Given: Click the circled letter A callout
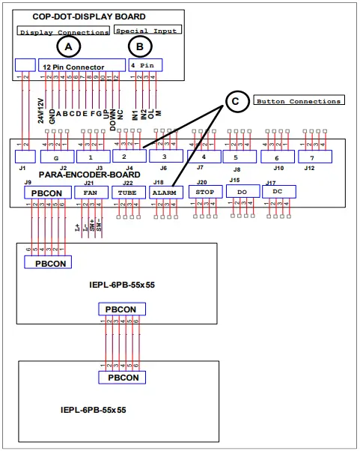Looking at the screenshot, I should coord(69,46).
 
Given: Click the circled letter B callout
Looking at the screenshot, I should coord(140,46).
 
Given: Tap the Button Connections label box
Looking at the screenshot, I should coord(298,100).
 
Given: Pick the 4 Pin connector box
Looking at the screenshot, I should coord(146,65).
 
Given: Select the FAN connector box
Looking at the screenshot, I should coord(91,192).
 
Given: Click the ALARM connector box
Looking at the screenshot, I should coord(165,192).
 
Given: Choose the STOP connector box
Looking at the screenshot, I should coord(204,192).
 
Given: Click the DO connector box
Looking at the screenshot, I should coord(242,192).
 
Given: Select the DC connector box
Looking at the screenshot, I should coord(279,192).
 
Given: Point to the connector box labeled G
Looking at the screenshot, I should coord(54,158).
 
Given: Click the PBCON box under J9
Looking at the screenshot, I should coord(48,193).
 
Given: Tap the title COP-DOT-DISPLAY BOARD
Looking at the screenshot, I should coord(89,16).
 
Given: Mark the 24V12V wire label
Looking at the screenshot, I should coord(40,110).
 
